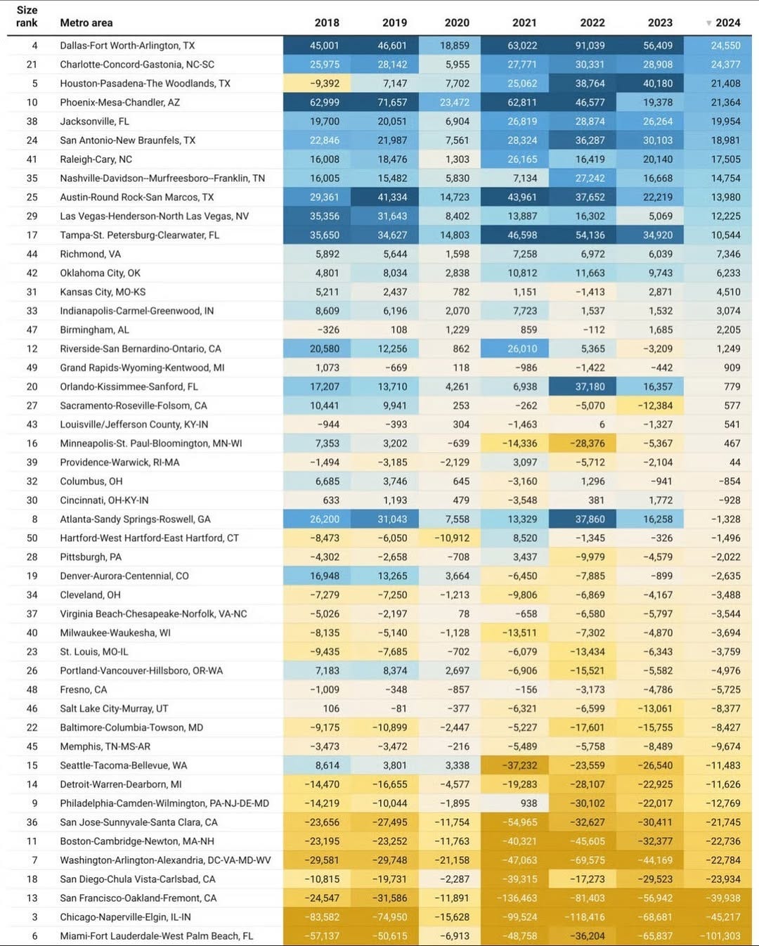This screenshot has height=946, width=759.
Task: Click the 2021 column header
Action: click(x=524, y=22)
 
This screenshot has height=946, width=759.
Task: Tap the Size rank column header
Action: click(x=27, y=16)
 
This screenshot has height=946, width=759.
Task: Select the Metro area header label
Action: click(x=86, y=22)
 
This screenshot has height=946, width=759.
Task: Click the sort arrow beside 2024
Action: click(x=708, y=23)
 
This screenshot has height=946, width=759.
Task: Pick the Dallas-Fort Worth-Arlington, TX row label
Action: click(x=127, y=46)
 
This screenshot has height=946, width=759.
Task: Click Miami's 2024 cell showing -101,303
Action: click(x=720, y=936)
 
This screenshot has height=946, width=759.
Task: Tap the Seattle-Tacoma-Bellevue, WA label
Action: click(x=123, y=765)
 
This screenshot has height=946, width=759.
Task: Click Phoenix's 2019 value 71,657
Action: click(x=392, y=103)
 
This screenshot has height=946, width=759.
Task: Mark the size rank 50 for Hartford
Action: click(x=32, y=538)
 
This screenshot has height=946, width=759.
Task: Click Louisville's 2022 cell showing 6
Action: click(x=602, y=425)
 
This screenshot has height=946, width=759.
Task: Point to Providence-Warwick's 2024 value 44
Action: click(x=734, y=462)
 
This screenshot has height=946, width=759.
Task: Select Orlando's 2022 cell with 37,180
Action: click(x=590, y=387)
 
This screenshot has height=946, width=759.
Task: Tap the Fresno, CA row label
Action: click(x=84, y=689)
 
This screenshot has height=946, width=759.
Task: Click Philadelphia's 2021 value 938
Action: click(x=528, y=803)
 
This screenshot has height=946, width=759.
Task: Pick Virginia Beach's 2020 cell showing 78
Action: click(x=464, y=614)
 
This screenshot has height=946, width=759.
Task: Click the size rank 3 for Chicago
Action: click(x=34, y=917)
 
